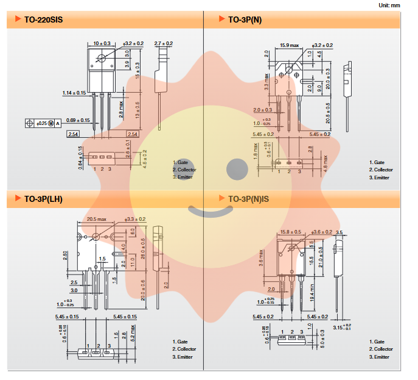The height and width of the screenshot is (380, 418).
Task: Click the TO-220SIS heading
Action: point(43,20)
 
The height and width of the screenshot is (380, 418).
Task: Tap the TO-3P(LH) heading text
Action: point(43,199)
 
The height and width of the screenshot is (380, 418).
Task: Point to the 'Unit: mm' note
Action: point(399,5)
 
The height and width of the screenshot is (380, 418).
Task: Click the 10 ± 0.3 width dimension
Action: point(102,43)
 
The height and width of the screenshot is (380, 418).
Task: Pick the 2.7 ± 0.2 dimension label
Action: point(164,43)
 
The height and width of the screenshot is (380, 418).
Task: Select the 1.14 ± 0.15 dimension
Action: point(74,93)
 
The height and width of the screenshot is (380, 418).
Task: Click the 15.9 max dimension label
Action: point(290,45)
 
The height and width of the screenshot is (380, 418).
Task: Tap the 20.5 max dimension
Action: point(96,219)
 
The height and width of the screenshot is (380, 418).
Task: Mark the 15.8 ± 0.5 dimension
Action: point(290,232)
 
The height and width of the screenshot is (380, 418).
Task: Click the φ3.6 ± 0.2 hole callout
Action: point(322,232)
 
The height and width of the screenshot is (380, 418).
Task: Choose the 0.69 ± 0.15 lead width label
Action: point(78,120)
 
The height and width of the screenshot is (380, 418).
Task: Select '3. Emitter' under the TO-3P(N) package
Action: point(379,177)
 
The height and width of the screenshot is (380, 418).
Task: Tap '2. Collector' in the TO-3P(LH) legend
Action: point(184,349)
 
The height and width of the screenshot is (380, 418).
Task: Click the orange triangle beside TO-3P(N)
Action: point(222,20)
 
